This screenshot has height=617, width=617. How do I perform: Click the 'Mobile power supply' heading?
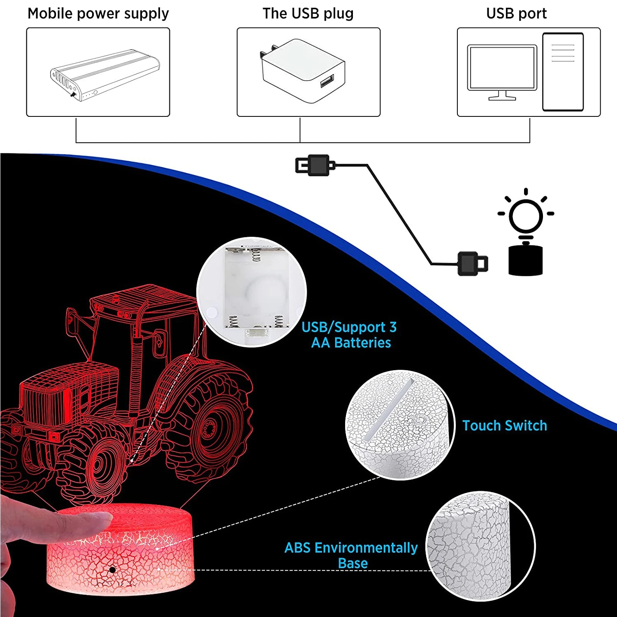pos(98,14)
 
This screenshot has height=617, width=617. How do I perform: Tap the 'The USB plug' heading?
pos(308,14)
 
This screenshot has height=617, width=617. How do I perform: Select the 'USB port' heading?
pos(516,14)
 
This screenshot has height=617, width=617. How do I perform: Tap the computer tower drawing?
pos(563,72)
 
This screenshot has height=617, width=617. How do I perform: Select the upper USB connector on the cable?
pos(315,165)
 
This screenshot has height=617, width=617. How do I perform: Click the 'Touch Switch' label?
pos(504,425)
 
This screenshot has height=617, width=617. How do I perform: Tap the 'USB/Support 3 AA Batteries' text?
pos(350,335)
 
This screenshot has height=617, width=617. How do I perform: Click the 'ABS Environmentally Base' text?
pos(351,555)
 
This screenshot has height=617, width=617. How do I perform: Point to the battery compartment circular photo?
pos(252,292)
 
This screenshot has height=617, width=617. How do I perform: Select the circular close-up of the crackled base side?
pos(480,546)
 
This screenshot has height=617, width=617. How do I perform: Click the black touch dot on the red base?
pos(112,570)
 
